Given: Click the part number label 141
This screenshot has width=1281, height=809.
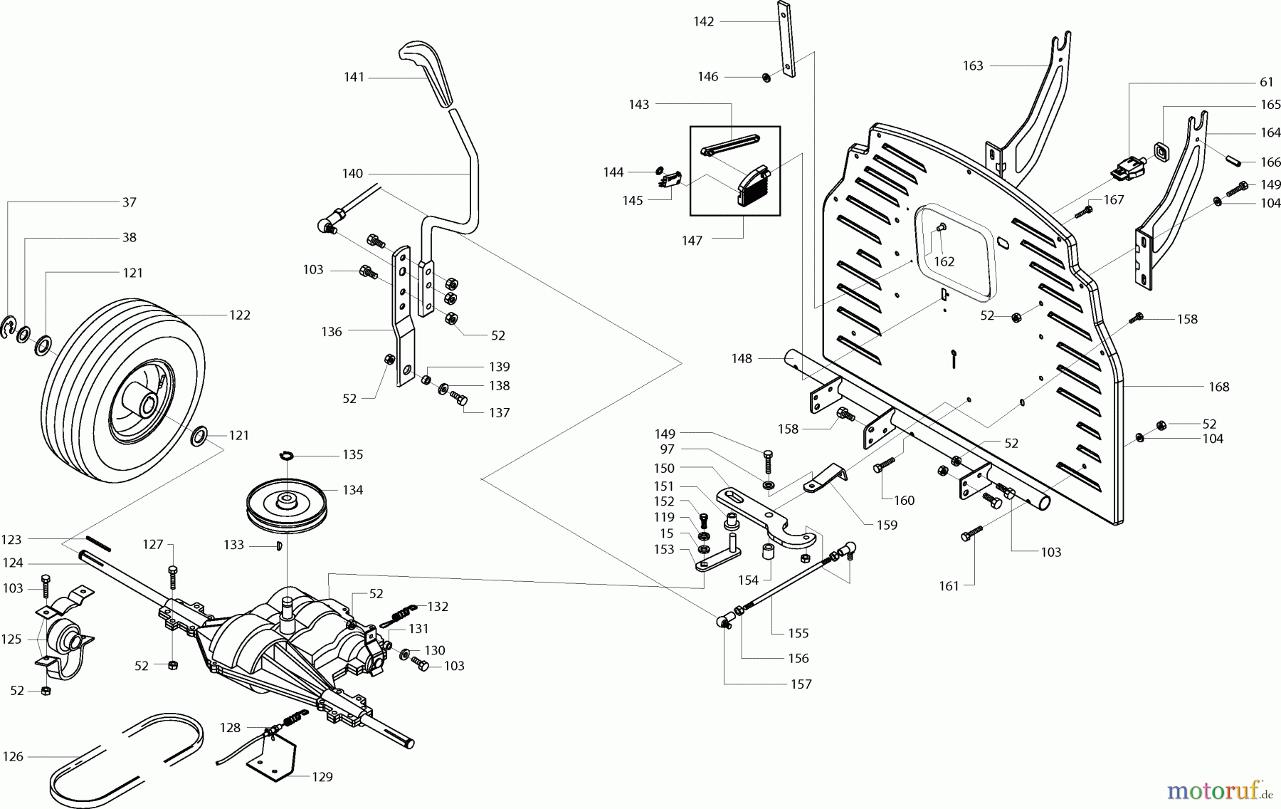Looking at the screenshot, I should coord(354,77).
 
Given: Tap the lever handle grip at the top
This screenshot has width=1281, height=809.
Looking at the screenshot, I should coord(429,71).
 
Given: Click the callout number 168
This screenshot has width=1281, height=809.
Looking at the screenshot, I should coord(1218,387).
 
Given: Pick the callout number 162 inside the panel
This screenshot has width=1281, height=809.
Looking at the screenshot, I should coord(944,261).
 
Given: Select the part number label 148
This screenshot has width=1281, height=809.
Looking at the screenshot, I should coord(742,358).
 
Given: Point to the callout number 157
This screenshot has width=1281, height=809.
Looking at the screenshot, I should coord(801,684).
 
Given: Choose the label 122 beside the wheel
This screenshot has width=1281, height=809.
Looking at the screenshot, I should coord(240,315).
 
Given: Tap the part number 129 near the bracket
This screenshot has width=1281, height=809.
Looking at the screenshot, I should coord(322,777).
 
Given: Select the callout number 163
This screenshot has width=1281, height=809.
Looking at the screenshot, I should coord(973,66).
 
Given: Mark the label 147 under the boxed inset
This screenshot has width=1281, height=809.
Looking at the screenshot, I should coord(692,240).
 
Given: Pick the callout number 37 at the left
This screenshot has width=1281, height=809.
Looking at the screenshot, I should coord(129,202).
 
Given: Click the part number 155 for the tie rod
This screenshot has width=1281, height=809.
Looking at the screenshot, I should coord(798,632).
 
